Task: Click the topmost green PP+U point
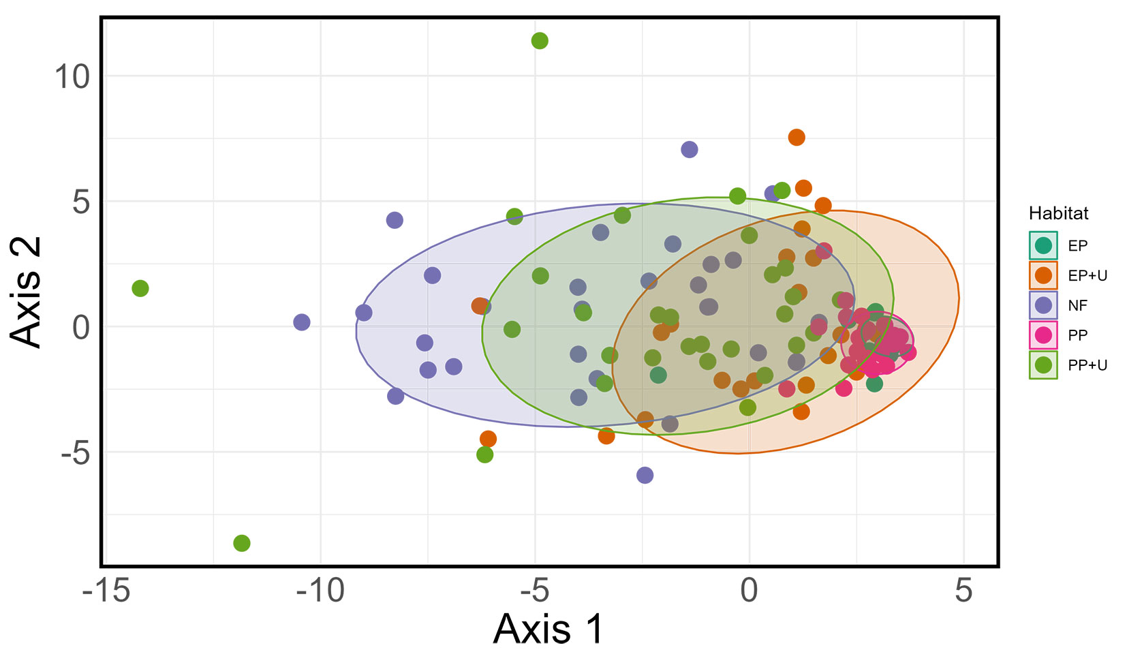point(539,41)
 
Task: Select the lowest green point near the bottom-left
point(241,543)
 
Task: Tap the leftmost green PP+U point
point(140,288)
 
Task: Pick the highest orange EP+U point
point(796,138)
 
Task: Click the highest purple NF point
point(689,149)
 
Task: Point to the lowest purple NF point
point(645,475)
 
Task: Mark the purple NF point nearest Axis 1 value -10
point(301,322)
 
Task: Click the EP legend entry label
point(1077,246)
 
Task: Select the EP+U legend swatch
point(1043,275)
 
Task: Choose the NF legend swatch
point(1043,305)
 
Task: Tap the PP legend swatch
point(1043,335)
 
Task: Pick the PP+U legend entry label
point(1087,365)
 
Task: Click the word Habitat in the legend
point(1058,213)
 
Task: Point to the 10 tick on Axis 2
point(72,76)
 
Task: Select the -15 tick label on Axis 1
point(106,591)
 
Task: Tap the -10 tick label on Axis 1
point(320,591)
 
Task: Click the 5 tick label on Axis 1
point(963,591)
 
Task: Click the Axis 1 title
point(549,628)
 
